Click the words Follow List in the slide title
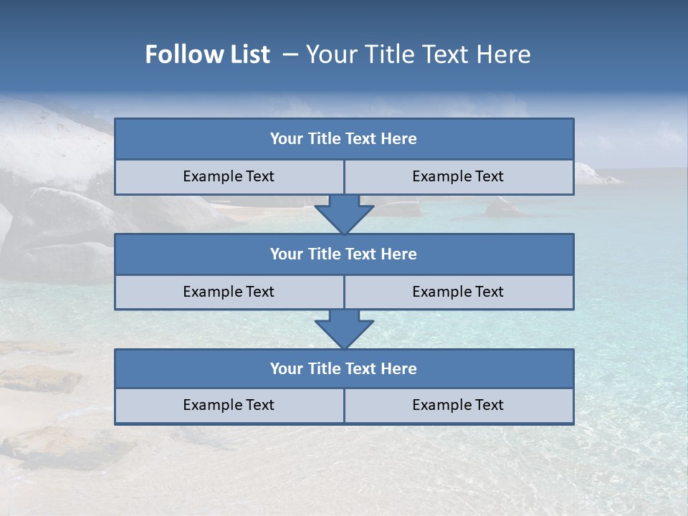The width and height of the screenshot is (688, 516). tap(207, 54)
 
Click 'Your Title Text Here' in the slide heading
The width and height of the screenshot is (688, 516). tap(418, 54)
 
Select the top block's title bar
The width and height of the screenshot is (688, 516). tap(344, 139)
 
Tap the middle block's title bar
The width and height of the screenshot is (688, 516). tap(344, 254)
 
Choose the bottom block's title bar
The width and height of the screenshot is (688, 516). tap(344, 369)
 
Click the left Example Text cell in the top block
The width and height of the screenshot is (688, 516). tap(229, 177)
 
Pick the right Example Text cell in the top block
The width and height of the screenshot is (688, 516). tap(458, 177)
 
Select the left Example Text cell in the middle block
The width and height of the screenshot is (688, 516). tap(229, 292)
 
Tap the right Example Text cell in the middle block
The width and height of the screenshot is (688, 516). tap(458, 292)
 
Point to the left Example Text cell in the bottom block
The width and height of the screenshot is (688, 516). tap(229, 406)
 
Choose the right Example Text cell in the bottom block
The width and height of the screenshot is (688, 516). tap(458, 406)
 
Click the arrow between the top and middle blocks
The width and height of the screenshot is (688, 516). tap(344, 214)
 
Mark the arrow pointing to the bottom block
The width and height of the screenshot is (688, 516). tap(344, 329)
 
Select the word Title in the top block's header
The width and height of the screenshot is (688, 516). tap(325, 139)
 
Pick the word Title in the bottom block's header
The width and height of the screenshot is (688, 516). tap(325, 369)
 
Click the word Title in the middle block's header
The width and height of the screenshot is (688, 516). tap(325, 254)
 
